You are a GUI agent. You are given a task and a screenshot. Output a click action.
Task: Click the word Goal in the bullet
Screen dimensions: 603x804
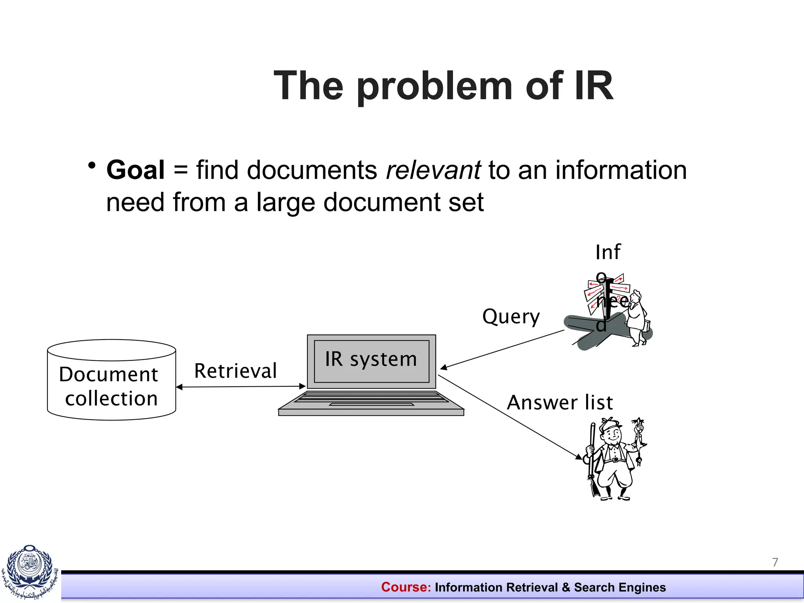coord(135,170)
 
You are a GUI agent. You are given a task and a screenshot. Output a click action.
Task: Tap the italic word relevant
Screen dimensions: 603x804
coord(433,170)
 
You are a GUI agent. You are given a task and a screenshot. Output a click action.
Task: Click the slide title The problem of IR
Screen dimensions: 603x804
coord(443,86)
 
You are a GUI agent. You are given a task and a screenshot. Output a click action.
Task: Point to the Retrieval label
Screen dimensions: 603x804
coord(236,371)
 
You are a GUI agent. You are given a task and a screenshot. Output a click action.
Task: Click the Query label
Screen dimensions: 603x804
coord(511,317)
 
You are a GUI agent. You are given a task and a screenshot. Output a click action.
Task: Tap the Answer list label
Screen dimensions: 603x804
coord(560,403)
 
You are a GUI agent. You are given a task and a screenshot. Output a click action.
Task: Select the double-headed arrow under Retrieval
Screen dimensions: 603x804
coord(241,387)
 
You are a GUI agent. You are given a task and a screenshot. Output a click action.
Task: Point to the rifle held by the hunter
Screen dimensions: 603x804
coord(592,459)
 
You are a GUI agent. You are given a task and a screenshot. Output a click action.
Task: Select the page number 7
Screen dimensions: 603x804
coord(775,562)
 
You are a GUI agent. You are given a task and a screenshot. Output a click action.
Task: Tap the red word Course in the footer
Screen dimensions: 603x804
coord(406,587)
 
